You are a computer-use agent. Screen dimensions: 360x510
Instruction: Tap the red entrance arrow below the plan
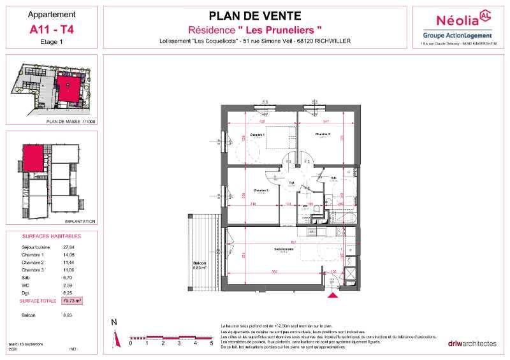point(331,294)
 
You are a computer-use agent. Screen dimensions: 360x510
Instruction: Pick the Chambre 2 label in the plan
point(321,134)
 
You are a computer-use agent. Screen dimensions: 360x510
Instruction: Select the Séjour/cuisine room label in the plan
point(284,248)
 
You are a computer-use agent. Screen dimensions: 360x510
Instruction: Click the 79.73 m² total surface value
point(73,299)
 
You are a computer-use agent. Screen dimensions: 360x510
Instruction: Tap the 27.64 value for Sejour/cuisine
point(69,247)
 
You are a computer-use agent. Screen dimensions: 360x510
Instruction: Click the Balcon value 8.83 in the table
point(68,315)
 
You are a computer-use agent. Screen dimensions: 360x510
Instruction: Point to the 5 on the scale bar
point(211,343)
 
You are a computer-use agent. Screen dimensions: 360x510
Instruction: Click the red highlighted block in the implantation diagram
point(34,157)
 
